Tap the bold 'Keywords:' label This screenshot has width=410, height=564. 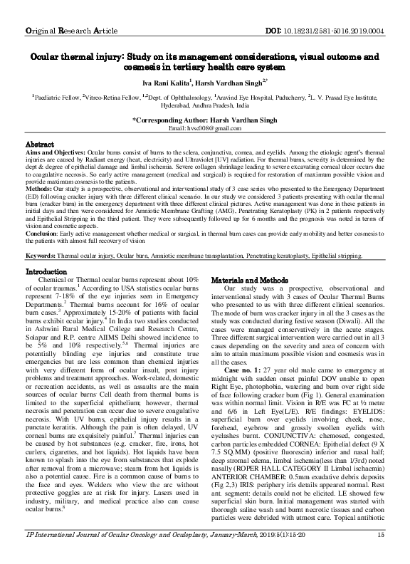click(44, 255)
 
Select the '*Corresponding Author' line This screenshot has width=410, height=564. click(205, 120)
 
